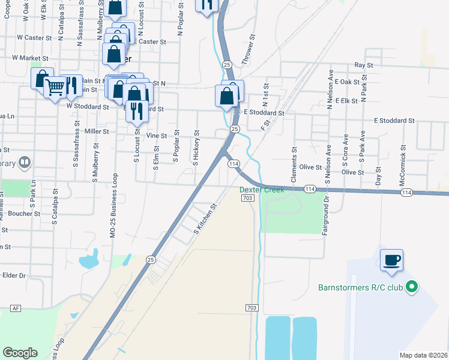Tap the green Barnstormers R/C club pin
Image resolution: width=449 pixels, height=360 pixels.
coord(411,287)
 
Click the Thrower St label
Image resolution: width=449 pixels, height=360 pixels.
coord(249,53)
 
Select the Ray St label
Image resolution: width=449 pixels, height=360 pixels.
coord(364,64)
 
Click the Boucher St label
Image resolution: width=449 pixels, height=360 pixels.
coord(25,213)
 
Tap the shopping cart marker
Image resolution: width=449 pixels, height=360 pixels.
coord(55,88)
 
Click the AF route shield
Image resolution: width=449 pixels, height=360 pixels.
coord(16,308)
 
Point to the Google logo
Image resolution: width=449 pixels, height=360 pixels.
coord(20,353)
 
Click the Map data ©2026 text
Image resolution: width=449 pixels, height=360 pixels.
coord(423,355)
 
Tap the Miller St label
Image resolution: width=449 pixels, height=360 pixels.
coord(97,131)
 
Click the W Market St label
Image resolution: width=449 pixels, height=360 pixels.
coord(30,58)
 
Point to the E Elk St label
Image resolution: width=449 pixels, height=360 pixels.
coord(346,101)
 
